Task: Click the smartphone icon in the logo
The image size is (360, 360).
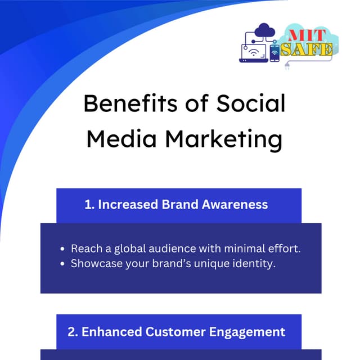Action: click(x=274, y=53)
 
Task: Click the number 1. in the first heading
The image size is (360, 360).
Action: click(x=89, y=205)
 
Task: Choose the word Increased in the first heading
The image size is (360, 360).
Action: click(x=128, y=205)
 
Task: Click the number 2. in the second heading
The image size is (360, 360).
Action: click(x=73, y=331)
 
